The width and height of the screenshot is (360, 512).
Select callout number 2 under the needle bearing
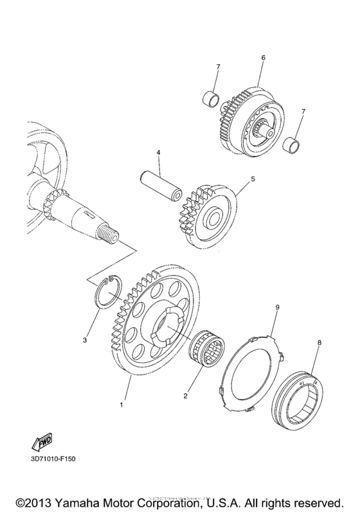click(185, 396)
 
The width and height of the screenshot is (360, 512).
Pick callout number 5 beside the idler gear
click(253, 180)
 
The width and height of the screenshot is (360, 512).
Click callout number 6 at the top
click(263, 58)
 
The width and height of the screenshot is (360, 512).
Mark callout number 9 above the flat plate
click(277, 308)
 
